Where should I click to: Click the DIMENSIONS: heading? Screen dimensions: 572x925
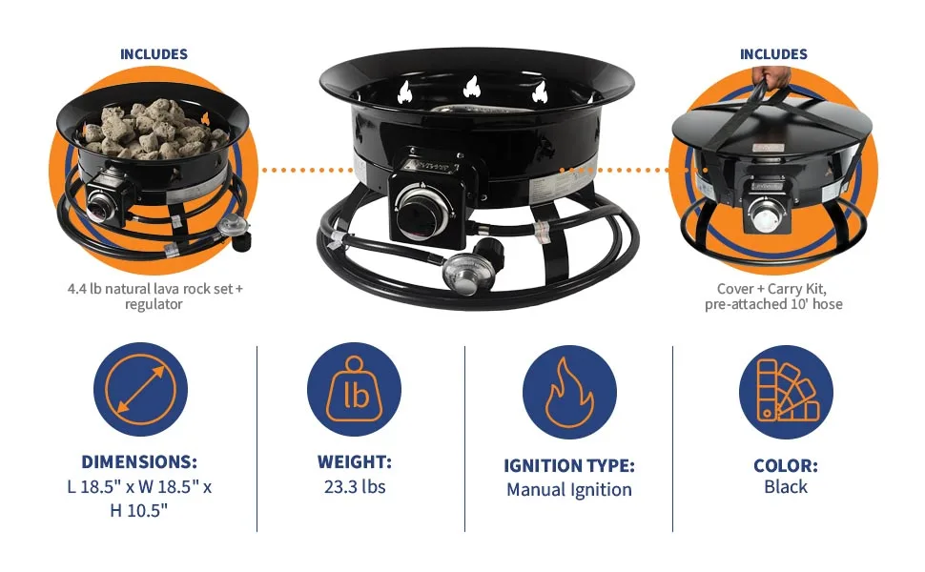tap(139, 462)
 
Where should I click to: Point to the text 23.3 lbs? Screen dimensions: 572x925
tap(354, 487)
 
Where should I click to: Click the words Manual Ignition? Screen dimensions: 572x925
tap(568, 490)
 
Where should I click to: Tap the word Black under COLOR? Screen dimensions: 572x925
tap(786, 487)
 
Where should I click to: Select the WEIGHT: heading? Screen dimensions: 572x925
tap(354, 462)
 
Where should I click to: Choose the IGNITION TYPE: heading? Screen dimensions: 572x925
tap(568, 466)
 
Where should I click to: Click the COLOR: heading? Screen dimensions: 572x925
tap(786, 466)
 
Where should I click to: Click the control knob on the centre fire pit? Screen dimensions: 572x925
tap(420, 203)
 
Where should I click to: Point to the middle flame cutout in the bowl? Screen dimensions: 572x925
tap(470, 89)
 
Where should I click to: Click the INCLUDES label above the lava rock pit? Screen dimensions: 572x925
tap(154, 54)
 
